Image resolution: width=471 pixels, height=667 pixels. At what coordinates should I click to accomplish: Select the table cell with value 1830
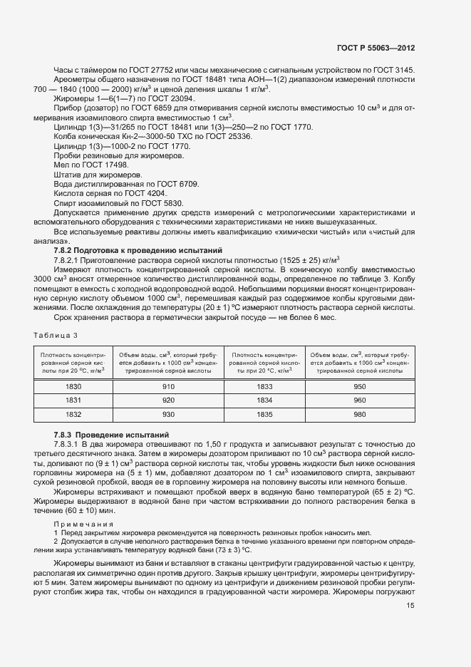[x=73, y=386]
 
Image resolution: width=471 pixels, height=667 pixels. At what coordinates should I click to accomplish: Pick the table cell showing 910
[x=167, y=386]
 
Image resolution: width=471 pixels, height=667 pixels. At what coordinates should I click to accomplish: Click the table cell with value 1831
[x=73, y=400]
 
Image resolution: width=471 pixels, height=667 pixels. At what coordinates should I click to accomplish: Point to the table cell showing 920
[x=167, y=400]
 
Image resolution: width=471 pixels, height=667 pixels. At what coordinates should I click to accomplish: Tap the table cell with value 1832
[x=73, y=413]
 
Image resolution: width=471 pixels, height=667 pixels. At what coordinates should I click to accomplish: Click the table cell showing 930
[x=167, y=413]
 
